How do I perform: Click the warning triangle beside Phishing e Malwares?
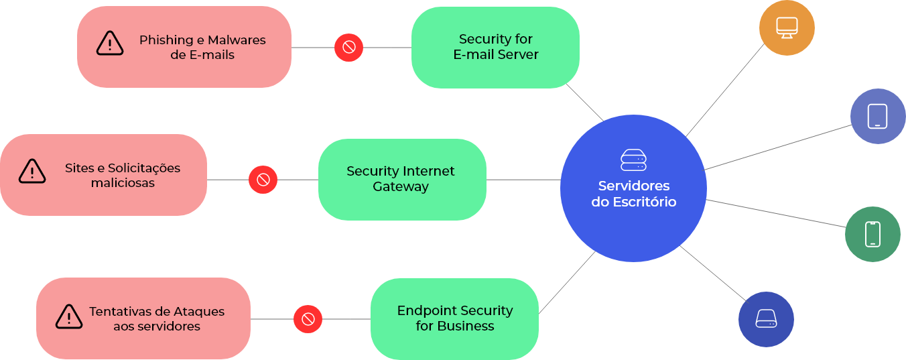pos(110,44)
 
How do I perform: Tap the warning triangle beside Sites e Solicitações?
pos(32,172)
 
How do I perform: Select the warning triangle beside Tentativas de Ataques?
pos(69,316)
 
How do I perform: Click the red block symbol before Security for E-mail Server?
pos(348,47)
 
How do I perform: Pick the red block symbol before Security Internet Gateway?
pos(263,180)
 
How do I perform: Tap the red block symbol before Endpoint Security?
pos(308,319)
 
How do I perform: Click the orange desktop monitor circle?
pos(787,27)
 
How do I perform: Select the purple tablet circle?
pos(877,116)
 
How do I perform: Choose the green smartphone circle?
pos(872,234)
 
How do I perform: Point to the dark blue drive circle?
pos(766,319)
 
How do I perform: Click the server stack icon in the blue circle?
pos(633,160)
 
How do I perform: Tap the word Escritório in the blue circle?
pos(644,202)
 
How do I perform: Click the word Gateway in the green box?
pos(400,187)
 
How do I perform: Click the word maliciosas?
pos(123,183)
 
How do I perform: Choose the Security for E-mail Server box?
pos(495,48)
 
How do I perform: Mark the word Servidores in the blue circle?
pos(633,186)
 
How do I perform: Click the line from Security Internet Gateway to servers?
pos(523,180)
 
